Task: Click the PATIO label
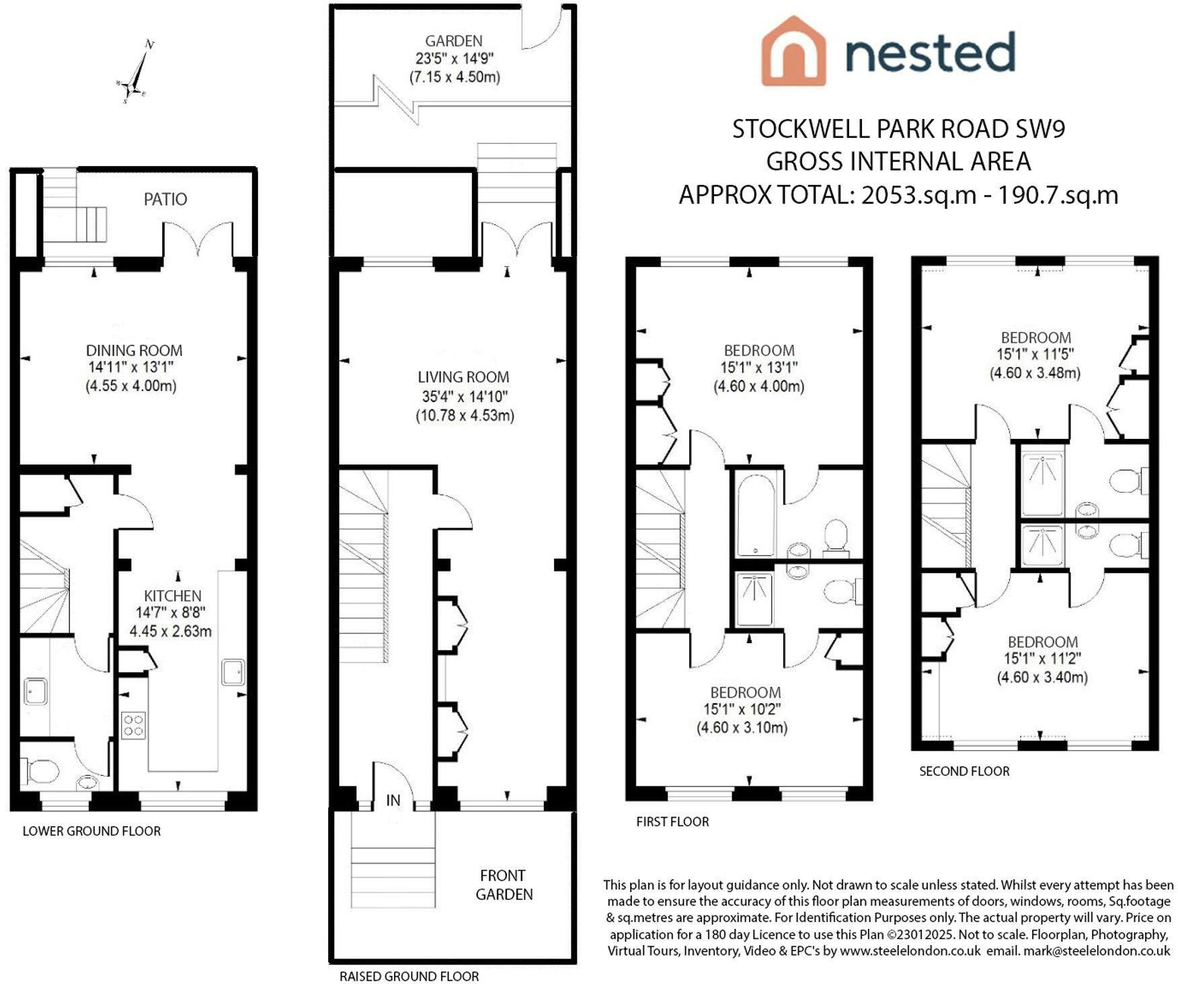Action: pos(165,199)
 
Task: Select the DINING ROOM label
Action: pos(134,350)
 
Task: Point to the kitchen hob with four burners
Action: pos(133,725)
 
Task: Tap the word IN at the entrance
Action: pos(393,801)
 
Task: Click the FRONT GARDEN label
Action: pos(504,885)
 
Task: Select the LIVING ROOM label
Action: pos(463,377)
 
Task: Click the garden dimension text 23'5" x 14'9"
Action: pos(454,58)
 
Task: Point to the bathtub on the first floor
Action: pos(755,514)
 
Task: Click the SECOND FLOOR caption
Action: pos(964,771)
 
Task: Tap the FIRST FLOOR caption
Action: pos(672,821)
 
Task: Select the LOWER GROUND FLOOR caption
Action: pos(91,831)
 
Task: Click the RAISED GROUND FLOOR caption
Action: pos(409,976)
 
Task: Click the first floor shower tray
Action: pos(754,599)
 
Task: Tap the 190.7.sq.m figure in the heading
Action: pos(1058,195)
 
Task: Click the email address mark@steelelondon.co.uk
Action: pos(1097,951)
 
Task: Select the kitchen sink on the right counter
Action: pos(233,672)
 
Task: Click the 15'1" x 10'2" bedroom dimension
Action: pos(742,709)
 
